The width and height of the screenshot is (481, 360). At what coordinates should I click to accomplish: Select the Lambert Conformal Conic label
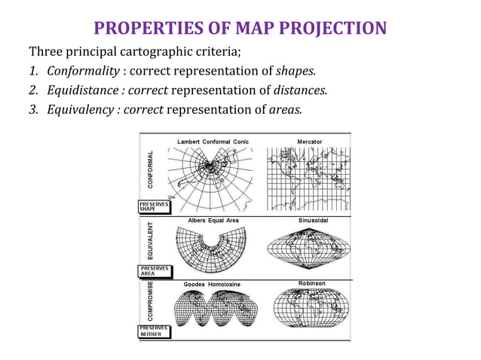coord(213,142)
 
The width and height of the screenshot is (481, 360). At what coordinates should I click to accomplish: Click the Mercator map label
coord(309,142)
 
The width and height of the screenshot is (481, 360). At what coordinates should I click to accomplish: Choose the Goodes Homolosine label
coord(212,285)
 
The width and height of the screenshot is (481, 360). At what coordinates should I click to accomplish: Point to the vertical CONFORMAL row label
coord(151,169)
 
